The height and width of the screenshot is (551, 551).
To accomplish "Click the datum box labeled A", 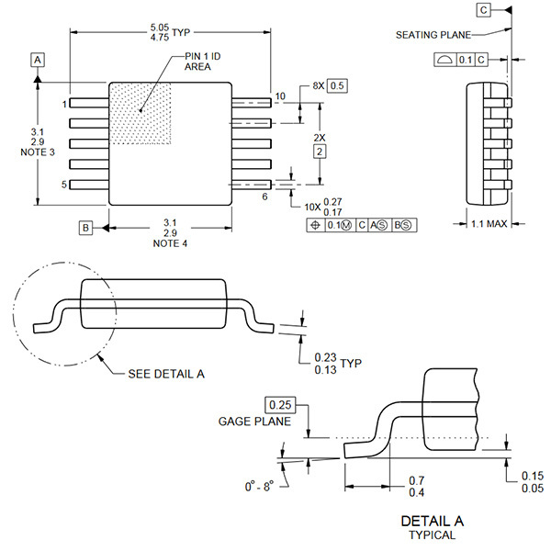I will click(38, 60).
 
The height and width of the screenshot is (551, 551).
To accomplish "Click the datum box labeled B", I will click(85, 227).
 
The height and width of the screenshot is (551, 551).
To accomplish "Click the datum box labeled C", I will click(484, 9).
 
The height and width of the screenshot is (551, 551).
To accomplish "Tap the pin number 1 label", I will click(65, 104).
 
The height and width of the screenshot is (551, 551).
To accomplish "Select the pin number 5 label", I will click(65, 185).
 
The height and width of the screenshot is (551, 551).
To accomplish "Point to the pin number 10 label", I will click(280, 96).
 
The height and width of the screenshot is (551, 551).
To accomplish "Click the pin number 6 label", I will click(264, 197).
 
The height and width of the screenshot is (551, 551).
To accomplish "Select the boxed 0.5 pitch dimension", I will click(337, 85).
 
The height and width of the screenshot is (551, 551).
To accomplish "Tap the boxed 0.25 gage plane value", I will click(280, 404).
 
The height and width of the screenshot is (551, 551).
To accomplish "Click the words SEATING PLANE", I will click(433, 35).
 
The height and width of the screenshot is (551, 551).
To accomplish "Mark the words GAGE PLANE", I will click(254, 422).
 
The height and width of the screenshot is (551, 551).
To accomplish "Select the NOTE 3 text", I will click(38, 152).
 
